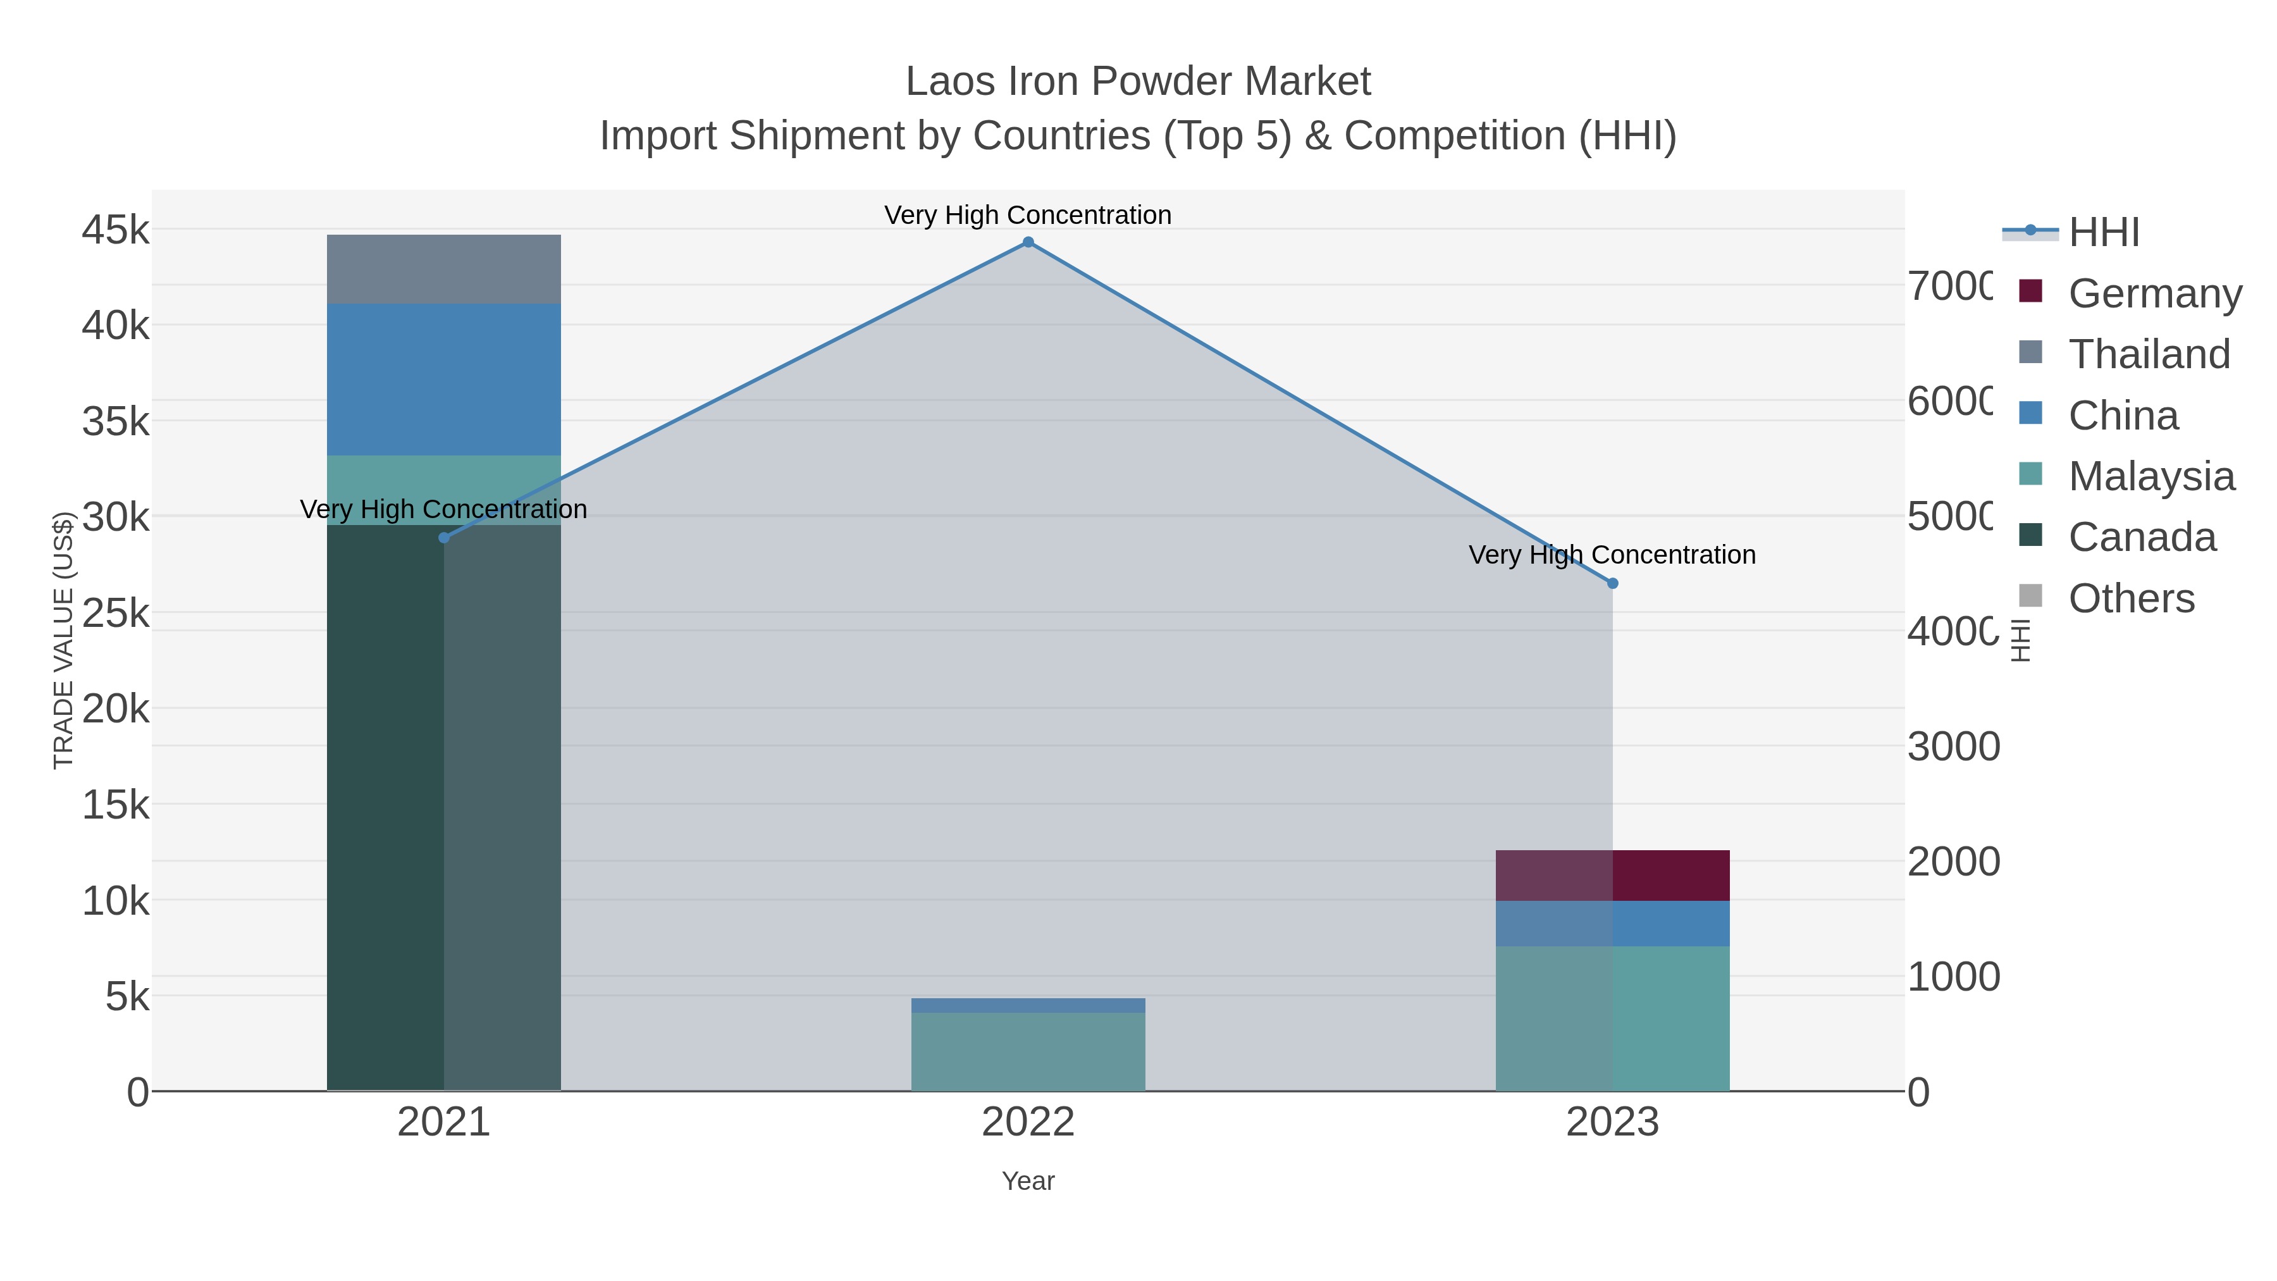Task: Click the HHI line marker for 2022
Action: pos(1028,242)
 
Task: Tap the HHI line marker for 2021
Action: pos(444,538)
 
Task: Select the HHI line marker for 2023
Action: pos(1612,583)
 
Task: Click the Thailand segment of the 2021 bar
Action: pos(444,269)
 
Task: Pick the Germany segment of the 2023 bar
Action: pos(1612,876)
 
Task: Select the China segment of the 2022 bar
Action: pos(1028,1005)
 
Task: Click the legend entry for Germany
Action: pos(2154,293)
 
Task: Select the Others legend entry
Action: pos(2130,598)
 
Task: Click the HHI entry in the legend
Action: pos(2103,233)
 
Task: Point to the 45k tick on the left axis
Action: pos(116,230)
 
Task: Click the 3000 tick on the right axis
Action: pos(1953,747)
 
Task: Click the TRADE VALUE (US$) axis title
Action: pos(64,640)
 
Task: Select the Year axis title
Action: pos(1028,1181)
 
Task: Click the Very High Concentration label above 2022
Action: pos(1028,215)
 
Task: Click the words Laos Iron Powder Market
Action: pos(1138,82)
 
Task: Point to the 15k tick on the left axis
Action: pos(116,805)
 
